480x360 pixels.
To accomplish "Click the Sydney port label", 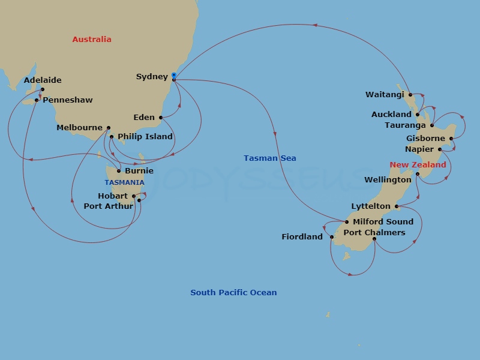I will click(x=152, y=77).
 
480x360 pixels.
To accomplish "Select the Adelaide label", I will click(x=43, y=80).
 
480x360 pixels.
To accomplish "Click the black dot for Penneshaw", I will click(x=37, y=100).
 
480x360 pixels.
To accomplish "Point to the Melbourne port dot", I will click(x=109, y=128).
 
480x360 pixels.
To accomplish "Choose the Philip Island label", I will click(x=145, y=137).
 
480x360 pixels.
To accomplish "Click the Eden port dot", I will click(x=161, y=118).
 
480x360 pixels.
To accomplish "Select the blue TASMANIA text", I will click(x=124, y=182).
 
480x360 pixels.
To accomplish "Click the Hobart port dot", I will click(x=134, y=196).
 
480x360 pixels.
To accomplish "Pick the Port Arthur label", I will click(x=109, y=206).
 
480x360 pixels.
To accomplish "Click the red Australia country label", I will click(x=92, y=40).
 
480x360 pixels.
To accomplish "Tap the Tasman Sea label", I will click(x=270, y=158).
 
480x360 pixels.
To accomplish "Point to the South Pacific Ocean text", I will click(x=233, y=293).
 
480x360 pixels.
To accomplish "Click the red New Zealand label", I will click(x=418, y=165).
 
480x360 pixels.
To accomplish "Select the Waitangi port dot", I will click(x=410, y=95).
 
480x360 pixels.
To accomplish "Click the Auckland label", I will click(x=391, y=115).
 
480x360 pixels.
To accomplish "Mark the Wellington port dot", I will click(x=418, y=174).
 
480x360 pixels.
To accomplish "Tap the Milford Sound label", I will click(x=383, y=222).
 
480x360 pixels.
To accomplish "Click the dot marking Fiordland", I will click(x=331, y=237).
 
